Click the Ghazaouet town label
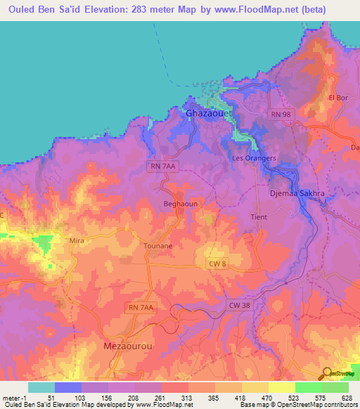coord(207,112)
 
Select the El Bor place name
coord(338,97)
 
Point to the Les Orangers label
coord(254,158)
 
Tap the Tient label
coord(259,217)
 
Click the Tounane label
coord(157,247)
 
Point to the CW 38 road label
coord(239,305)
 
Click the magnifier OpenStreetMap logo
coord(327,373)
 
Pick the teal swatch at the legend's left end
coord(41,387)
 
